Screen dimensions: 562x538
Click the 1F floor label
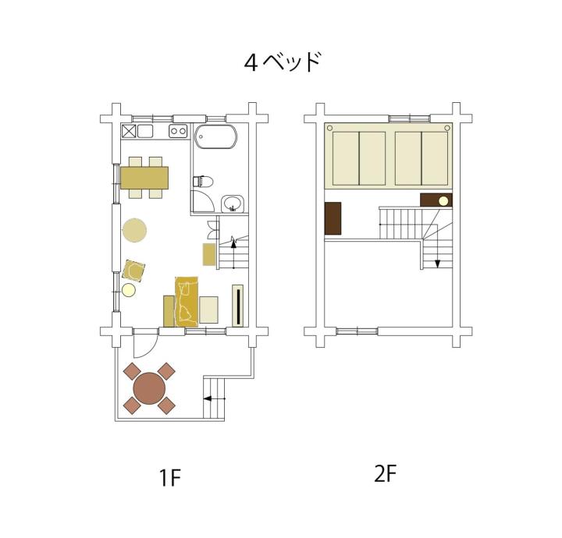click(x=170, y=478)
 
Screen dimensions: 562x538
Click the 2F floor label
click(x=385, y=474)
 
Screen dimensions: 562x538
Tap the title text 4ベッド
click(x=282, y=62)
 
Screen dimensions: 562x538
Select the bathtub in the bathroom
click(x=215, y=137)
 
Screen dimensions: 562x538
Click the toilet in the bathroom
click(x=203, y=182)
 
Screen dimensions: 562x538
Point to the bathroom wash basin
click(x=233, y=204)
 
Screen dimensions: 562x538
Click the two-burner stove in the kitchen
click(x=178, y=131)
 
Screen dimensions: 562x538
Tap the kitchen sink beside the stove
click(x=145, y=131)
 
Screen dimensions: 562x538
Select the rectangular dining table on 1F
click(x=144, y=178)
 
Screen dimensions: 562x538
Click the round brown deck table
click(x=149, y=388)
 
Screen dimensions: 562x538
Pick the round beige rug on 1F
click(x=134, y=230)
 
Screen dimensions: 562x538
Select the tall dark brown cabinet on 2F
click(x=333, y=218)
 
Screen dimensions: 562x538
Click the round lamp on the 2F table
click(x=443, y=201)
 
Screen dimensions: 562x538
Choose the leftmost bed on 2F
click(x=346, y=158)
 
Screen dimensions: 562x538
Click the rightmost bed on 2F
click(x=435, y=158)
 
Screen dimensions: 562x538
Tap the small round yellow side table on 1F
click(x=129, y=290)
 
